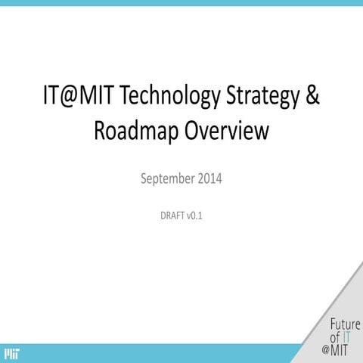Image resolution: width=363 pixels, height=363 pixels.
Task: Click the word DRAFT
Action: pos(166,216)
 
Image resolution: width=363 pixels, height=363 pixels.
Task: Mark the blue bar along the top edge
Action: pos(181,2)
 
